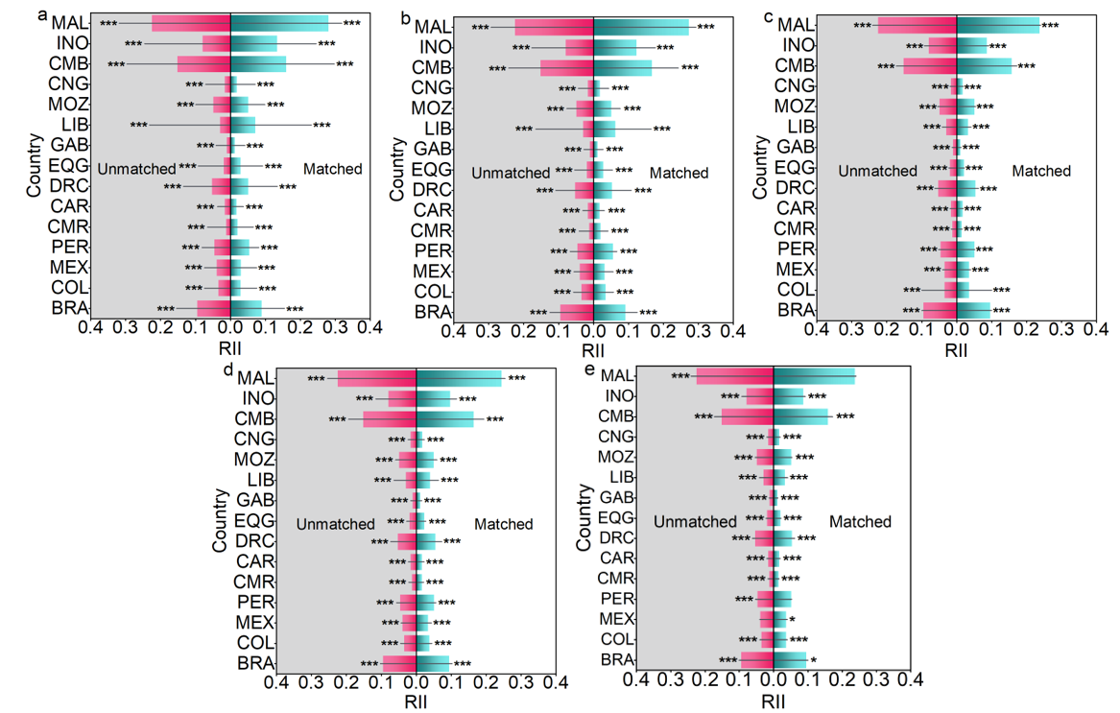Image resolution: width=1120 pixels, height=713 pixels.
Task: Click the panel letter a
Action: coord(42,14)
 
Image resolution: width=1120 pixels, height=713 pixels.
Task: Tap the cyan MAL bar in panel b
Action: coord(641,27)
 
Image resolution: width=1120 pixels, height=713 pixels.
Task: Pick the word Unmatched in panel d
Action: coord(335,524)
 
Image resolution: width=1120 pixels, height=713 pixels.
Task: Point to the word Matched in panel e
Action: coord(860,522)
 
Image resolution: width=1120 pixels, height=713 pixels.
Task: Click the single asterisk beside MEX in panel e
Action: coord(792,620)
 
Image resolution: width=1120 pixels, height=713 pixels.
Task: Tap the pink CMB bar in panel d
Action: coord(389,419)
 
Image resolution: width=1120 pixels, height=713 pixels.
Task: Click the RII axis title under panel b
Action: coord(594,348)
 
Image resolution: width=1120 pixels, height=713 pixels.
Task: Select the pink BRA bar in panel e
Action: coord(756,660)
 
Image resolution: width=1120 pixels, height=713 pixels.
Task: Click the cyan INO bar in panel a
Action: coord(253,43)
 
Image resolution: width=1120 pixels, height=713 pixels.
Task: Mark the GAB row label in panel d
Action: coord(255,500)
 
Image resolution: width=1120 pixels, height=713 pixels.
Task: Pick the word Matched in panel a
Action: coord(333,169)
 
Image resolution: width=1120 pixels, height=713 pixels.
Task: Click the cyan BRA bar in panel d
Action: coord(433,663)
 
